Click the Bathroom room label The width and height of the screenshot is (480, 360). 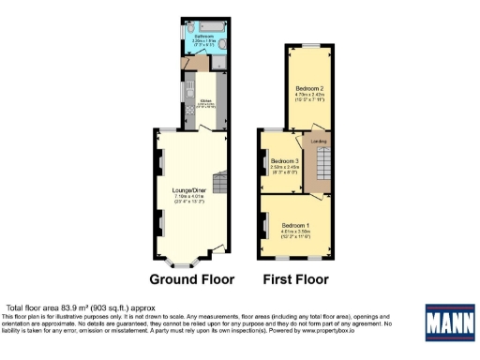tap(203, 37)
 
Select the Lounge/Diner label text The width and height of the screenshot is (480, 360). tap(189, 190)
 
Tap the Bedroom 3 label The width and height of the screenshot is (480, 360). tap(284, 161)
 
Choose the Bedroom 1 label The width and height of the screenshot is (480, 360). tap(295, 224)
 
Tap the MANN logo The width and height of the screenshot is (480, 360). tap(449, 323)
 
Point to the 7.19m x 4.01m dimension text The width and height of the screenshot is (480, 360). tap(189, 197)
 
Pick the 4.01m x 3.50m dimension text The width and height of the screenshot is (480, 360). tap(295, 231)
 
